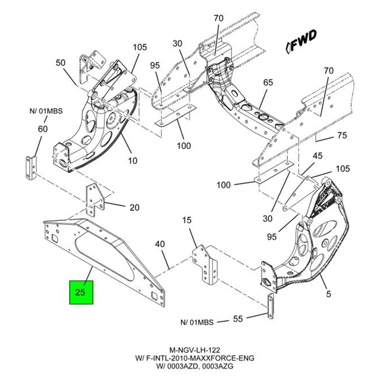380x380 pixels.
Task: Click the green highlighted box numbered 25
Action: [81, 292]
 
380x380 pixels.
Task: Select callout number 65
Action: [268, 82]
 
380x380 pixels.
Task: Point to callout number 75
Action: [342, 135]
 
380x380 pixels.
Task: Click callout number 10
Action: [133, 161]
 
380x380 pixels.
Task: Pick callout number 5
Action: [328, 294]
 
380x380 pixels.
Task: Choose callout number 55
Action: [238, 319]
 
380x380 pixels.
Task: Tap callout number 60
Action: [43, 129]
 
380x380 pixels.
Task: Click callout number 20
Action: [134, 207]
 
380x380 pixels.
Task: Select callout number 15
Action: [187, 220]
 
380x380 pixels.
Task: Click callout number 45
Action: [317, 156]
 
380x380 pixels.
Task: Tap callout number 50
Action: [60, 63]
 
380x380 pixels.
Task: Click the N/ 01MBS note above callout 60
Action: [46, 111]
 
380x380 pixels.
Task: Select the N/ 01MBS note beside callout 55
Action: [197, 322]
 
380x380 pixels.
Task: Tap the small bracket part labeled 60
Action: [30, 167]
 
